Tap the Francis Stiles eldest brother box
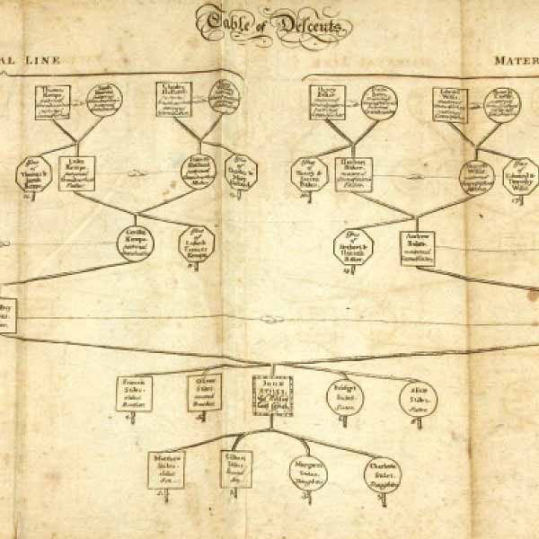pos(135,393)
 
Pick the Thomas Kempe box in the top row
pos(55,102)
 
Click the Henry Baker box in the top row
pos(329,102)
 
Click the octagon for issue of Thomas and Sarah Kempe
pos(33,174)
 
